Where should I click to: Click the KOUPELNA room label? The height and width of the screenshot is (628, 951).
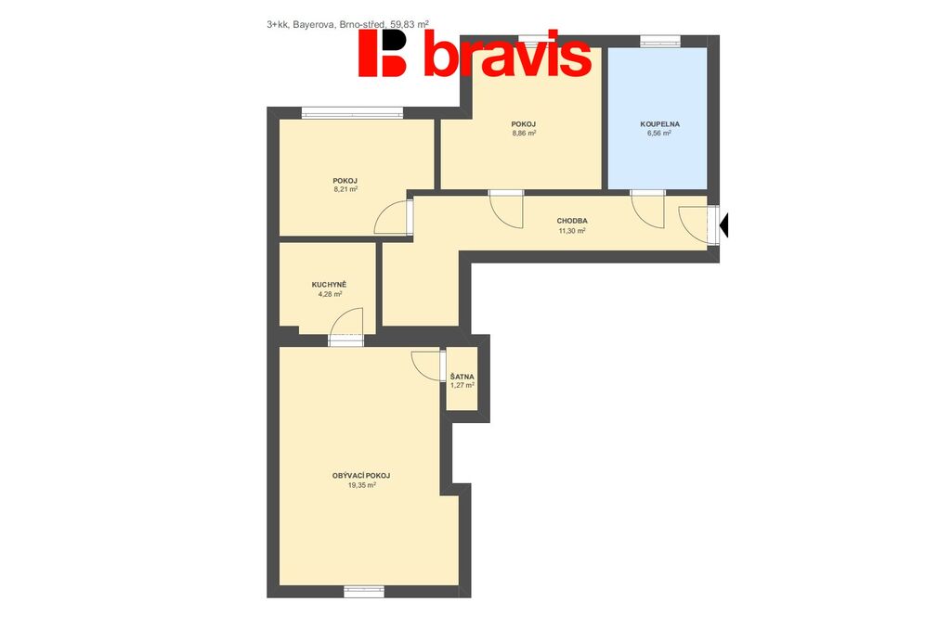click(x=660, y=124)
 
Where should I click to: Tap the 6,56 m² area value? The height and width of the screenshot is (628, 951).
click(x=659, y=134)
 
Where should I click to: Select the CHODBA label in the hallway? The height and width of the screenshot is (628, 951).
click(x=572, y=221)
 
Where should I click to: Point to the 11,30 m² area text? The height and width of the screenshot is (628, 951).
click(x=572, y=231)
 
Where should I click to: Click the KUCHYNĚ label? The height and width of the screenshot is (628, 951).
click(x=329, y=285)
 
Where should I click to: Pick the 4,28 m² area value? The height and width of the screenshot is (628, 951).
click(x=330, y=294)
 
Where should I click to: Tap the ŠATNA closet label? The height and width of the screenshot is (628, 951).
click(x=462, y=377)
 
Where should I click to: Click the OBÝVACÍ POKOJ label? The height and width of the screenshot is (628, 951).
click(x=361, y=476)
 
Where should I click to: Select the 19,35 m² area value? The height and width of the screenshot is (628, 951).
click(x=362, y=485)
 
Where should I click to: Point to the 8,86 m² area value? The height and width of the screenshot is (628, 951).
click(x=524, y=134)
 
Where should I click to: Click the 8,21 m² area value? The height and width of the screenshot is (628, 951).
click(x=345, y=189)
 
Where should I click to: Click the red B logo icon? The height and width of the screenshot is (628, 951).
click(x=382, y=53)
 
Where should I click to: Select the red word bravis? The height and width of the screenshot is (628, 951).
click(x=507, y=55)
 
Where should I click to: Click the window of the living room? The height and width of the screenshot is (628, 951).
click(x=364, y=592)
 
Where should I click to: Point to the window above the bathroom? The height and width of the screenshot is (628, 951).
click(x=660, y=41)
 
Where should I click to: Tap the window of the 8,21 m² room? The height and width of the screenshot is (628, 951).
click(x=352, y=113)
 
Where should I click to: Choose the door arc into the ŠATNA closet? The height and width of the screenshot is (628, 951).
click(x=427, y=365)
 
